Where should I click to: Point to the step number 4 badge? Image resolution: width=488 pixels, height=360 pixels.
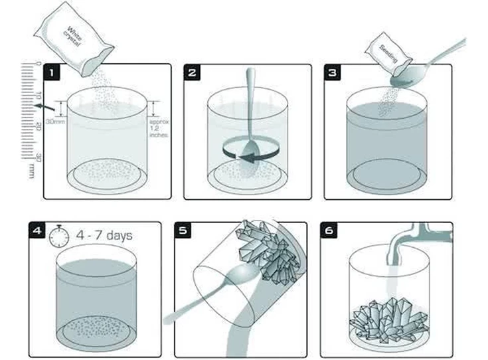(37, 230)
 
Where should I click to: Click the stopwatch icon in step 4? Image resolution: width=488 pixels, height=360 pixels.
(60, 234)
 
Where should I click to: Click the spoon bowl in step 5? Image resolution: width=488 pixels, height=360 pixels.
(241, 276)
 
